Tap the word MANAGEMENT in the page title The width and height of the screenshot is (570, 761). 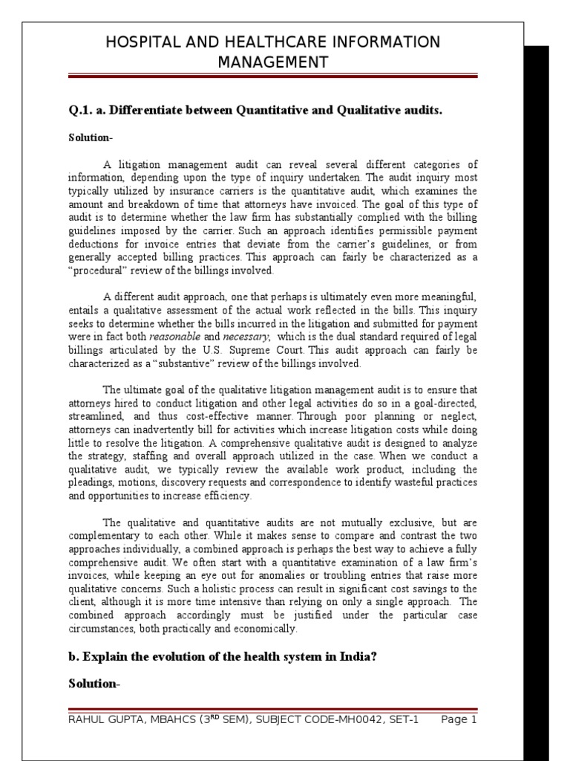[272, 62]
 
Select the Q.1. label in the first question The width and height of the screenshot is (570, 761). [81, 111]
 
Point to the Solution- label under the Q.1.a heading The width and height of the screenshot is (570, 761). [90, 138]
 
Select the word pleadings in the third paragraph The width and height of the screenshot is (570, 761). [93, 484]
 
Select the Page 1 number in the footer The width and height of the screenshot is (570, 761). [459, 720]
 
